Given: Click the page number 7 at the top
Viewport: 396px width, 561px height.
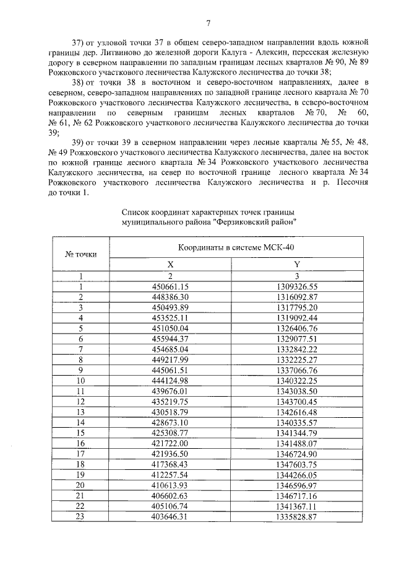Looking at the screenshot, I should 209,24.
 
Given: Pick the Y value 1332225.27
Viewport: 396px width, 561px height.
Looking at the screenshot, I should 296,360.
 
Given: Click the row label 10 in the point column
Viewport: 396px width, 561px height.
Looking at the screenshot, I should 80,381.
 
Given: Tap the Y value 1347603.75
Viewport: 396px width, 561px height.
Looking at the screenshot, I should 296,464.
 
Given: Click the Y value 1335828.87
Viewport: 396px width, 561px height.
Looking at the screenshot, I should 296,517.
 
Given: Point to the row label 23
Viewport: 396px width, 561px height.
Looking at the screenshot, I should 80,517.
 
